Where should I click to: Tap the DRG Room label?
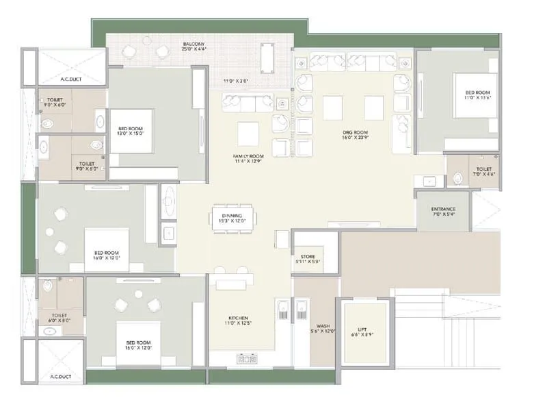pyautogui.click(x=356, y=135)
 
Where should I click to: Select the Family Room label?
pyautogui.click(x=248, y=159)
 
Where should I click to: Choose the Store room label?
pyautogui.click(x=308, y=259)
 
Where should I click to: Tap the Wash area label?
pyautogui.click(x=323, y=328)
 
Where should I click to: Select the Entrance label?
pyautogui.click(x=444, y=212)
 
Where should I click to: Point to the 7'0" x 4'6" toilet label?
pyautogui.click(x=483, y=171)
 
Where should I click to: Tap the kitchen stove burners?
pyautogui.click(x=246, y=359)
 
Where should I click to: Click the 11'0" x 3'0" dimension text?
pyautogui.click(x=235, y=81)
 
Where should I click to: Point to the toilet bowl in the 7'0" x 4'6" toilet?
pyautogui.click(x=457, y=179)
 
